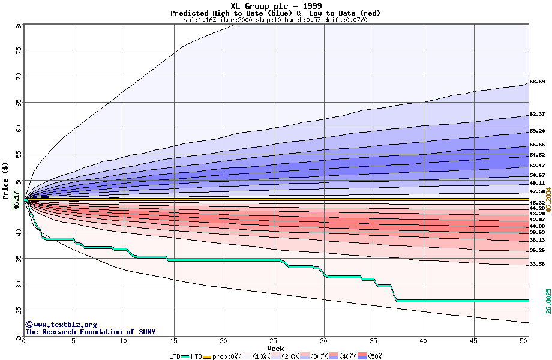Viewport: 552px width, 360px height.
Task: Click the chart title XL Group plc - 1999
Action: pos(275,6)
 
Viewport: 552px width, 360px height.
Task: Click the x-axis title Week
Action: pos(275,348)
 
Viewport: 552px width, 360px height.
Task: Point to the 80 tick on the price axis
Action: pos(19,25)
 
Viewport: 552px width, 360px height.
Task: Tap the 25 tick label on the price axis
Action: pos(19,310)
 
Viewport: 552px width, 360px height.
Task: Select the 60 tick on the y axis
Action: pos(19,128)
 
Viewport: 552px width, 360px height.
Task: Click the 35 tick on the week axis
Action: pos(373,341)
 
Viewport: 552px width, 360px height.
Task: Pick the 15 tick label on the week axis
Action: pos(173,341)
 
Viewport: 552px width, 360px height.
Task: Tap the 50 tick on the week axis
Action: pos(523,341)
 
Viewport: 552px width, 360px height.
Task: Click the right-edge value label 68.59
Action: pos(537,82)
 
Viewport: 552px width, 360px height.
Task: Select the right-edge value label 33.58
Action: pos(537,264)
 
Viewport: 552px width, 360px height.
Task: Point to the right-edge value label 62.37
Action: pos(537,114)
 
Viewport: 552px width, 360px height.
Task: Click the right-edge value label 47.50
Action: pos(537,191)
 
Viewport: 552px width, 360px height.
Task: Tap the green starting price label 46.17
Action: pos(17,200)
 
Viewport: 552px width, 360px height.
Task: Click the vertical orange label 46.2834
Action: pos(548,199)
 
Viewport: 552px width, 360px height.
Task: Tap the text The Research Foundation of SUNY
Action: pos(90,332)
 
